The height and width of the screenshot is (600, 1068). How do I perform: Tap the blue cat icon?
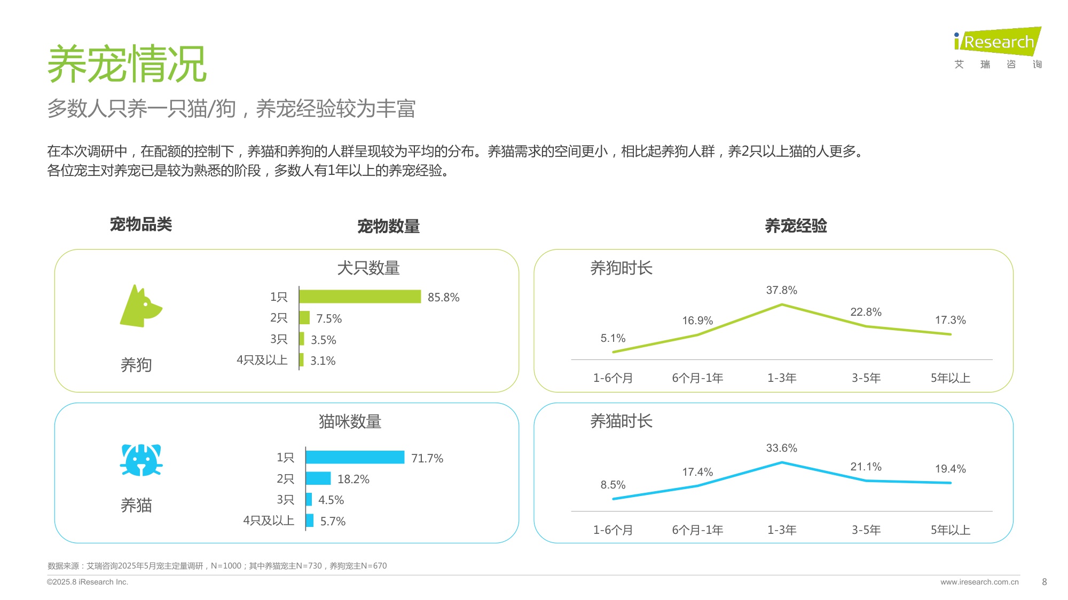(x=141, y=460)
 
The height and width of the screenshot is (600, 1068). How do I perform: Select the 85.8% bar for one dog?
(x=360, y=297)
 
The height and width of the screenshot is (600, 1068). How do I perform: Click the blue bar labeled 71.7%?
(x=355, y=457)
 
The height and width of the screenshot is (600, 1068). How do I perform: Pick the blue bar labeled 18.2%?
(x=318, y=478)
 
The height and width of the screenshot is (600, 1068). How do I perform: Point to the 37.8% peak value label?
(x=781, y=290)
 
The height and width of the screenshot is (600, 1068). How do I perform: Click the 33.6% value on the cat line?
(x=781, y=448)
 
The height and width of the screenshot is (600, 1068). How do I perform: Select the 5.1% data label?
(x=612, y=338)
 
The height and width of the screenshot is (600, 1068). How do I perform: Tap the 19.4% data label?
(x=950, y=469)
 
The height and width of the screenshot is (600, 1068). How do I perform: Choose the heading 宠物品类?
(x=141, y=225)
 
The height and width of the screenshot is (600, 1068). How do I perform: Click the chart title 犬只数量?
(x=368, y=268)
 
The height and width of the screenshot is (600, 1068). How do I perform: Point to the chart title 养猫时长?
(x=621, y=421)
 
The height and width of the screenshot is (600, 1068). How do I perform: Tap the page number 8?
(x=1045, y=582)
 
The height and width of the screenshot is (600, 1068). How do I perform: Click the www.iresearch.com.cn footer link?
(x=979, y=582)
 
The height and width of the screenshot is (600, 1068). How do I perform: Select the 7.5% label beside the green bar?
(x=328, y=318)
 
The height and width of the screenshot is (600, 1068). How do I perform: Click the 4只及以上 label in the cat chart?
(x=269, y=521)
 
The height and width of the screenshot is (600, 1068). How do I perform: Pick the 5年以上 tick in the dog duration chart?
(x=950, y=378)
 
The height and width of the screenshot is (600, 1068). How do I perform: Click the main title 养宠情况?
(x=127, y=64)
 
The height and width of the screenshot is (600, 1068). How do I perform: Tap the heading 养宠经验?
(x=796, y=226)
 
